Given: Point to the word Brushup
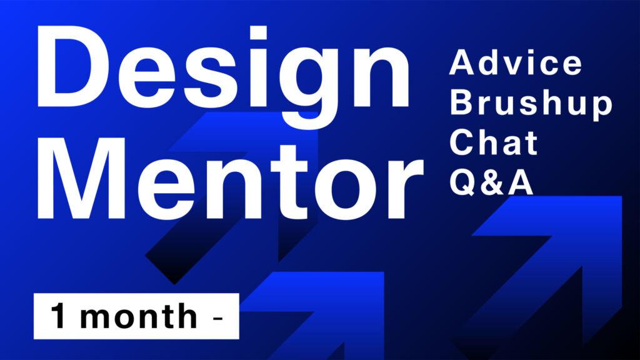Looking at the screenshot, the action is point(531,104).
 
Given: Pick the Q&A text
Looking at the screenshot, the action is point(491,182).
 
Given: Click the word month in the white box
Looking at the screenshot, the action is point(139,316).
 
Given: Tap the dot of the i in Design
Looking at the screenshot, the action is point(258,32).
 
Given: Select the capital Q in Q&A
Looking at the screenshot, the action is point(462,182).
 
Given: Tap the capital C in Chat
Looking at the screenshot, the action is point(461,142).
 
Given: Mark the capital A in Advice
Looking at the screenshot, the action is point(462,62).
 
